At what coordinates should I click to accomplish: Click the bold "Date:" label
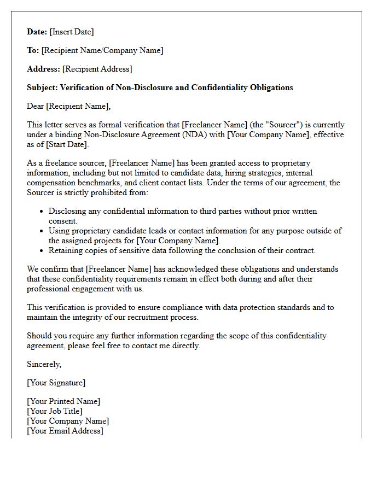pyautogui.click(x=37, y=32)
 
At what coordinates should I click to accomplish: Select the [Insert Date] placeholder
pyautogui.click(x=72, y=32)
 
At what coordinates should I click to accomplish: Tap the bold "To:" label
pyautogui.click(x=33, y=50)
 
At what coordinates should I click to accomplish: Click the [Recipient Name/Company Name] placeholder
pyautogui.click(x=102, y=50)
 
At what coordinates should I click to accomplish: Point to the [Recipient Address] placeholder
pyautogui.click(x=97, y=69)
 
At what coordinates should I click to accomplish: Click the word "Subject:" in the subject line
pyautogui.click(x=42, y=87)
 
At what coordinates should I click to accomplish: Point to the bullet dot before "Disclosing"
pyautogui.click(x=42, y=212)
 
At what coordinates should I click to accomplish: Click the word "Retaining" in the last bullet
pyautogui.click(x=66, y=250)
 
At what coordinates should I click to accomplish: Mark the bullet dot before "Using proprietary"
pyautogui.click(x=42, y=231)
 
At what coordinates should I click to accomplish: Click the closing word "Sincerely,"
pyautogui.click(x=44, y=364)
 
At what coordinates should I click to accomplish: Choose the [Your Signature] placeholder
pyautogui.click(x=56, y=383)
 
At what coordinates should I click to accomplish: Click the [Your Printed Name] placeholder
pyautogui.click(x=63, y=401)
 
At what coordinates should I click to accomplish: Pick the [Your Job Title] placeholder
pyautogui.click(x=55, y=411)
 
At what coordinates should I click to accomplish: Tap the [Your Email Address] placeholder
pyautogui.click(x=65, y=431)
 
